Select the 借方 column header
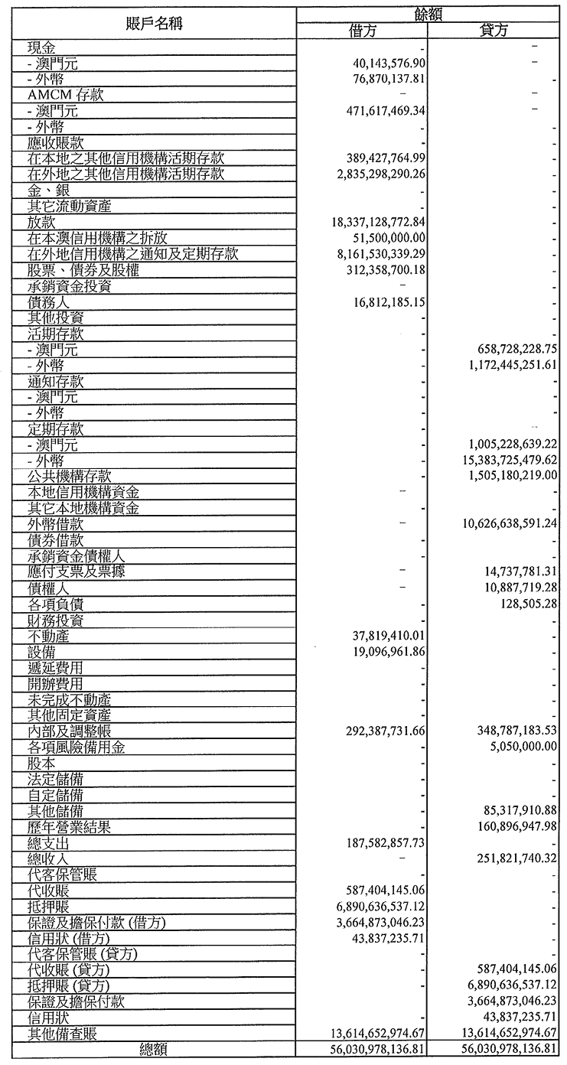point(362,31)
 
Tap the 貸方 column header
point(494,31)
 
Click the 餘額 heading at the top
point(428,13)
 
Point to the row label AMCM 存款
point(66,95)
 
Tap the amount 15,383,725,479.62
point(507,461)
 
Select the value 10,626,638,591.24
point(507,524)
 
